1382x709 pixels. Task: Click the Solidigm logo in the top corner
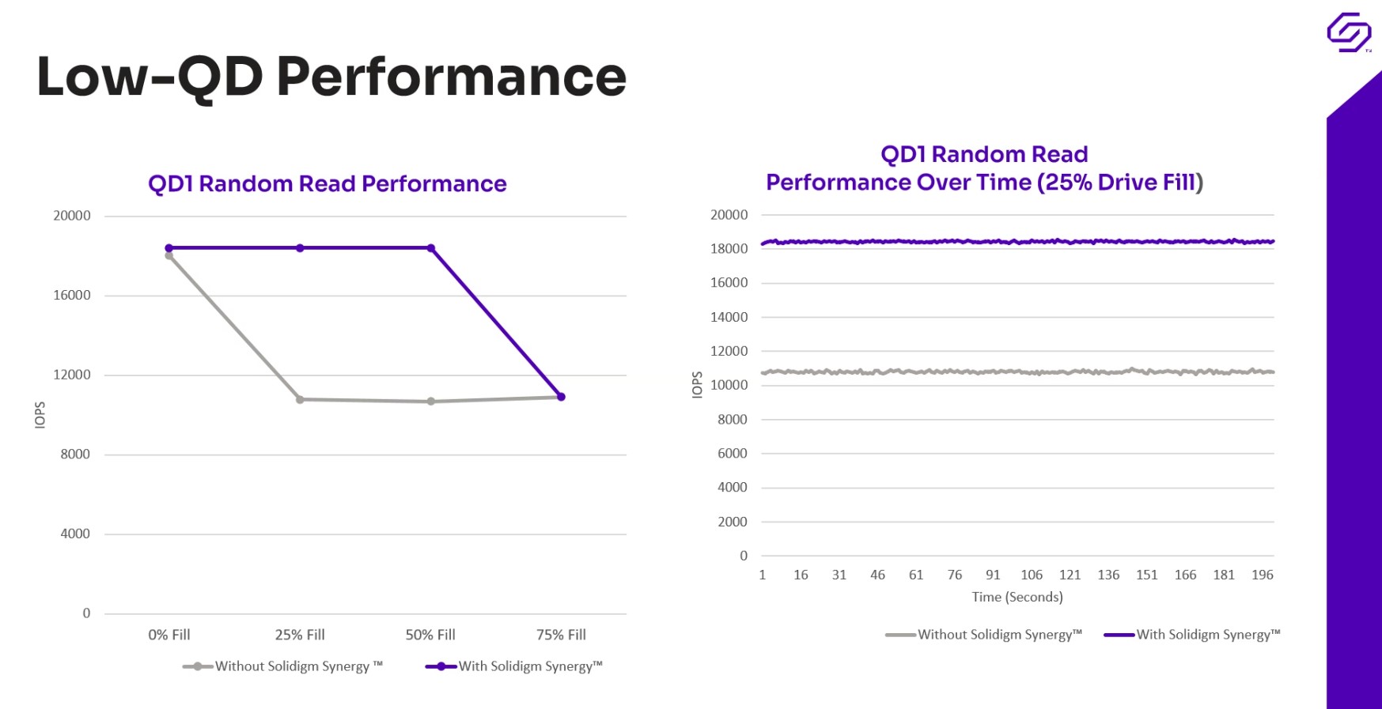click(x=1348, y=32)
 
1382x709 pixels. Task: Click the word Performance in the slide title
click(x=451, y=77)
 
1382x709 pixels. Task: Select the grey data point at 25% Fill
click(x=300, y=400)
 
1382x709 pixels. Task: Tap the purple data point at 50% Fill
click(x=431, y=248)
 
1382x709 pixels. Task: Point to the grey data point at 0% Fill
click(x=169, y=256)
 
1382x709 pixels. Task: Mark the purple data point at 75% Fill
click(x=562, y=397)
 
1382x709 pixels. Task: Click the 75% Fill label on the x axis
click(x=561, y=635)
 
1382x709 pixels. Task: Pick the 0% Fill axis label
click(x=169, y=635)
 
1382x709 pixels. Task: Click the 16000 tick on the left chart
click(x=72, y=296)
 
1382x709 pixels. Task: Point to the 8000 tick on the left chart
click(x=75, y=454)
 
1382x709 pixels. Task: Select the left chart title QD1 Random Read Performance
click(x=327, y=184)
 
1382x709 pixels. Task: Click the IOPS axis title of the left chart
click(x=40, y=415)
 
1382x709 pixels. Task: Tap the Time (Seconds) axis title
click(x=1017, y=597)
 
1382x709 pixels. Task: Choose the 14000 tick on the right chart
click(x=729, y=317)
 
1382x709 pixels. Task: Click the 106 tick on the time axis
click(x=1032, y=575)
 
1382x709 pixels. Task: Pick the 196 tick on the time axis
click(x=1263, y=575)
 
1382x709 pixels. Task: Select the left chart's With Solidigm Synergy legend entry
click(x=514, y=666)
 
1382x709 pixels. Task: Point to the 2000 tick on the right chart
click(x=732, y=522)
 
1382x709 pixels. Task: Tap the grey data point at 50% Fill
click(x=431, y=402)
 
